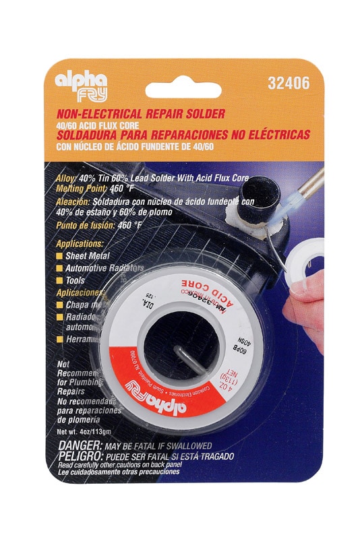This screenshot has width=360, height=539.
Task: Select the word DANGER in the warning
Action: click(78, 446)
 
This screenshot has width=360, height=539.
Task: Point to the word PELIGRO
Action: click(80, 456)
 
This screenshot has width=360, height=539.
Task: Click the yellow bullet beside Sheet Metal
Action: click(60, 256)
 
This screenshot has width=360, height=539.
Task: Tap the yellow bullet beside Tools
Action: click(60, 279)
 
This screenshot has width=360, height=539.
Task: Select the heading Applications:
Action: click(80, 243)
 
